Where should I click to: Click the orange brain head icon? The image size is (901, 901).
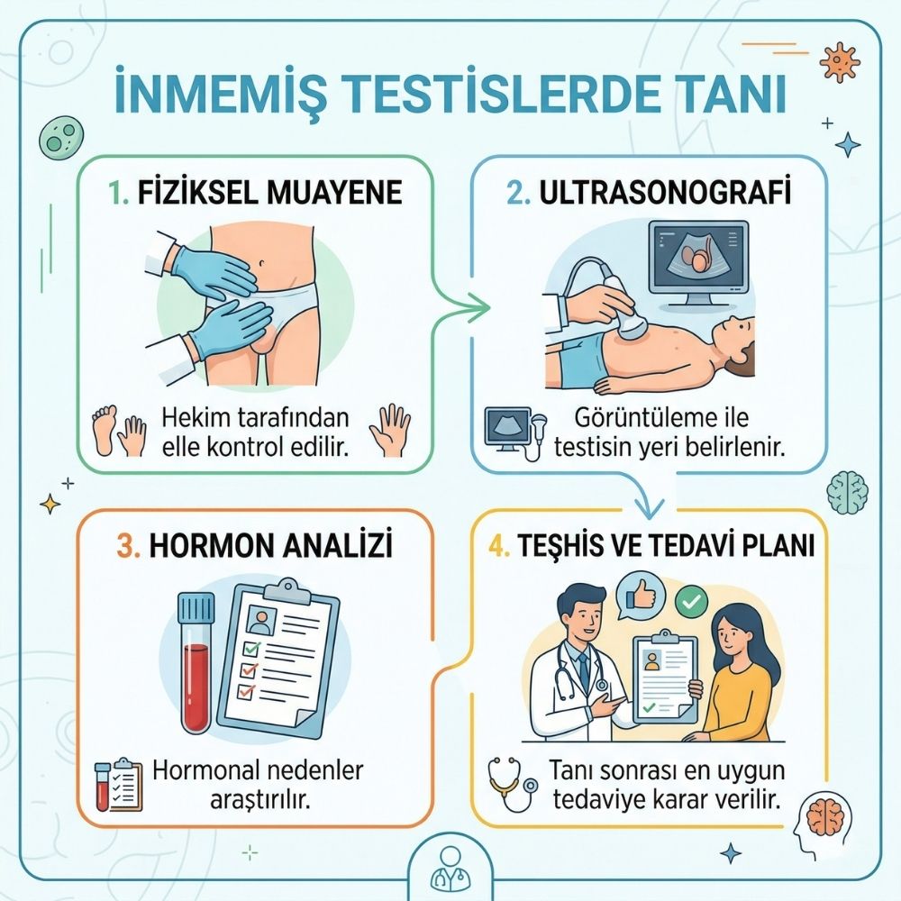pyautogui.click(x=824, y=818)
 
